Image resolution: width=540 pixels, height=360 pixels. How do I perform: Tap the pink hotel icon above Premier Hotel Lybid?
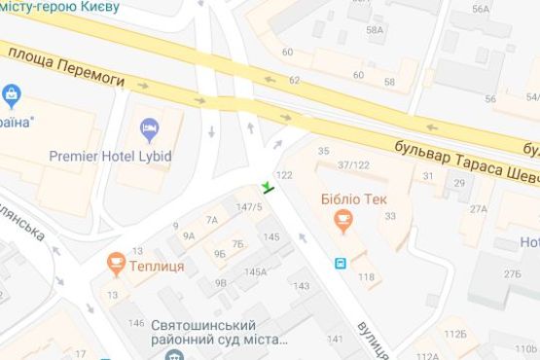149,128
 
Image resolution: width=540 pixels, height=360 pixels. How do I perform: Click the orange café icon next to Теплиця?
116,261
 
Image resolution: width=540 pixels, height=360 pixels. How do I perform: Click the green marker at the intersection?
268,186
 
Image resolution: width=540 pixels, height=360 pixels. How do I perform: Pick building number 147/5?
249,206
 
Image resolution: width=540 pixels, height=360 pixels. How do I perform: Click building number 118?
366,278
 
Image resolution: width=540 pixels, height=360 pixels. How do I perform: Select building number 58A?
375,30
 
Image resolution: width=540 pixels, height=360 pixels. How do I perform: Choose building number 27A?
478,208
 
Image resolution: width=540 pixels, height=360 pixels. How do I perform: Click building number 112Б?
456,333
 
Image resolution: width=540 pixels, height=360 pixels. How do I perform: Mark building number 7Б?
237,244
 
